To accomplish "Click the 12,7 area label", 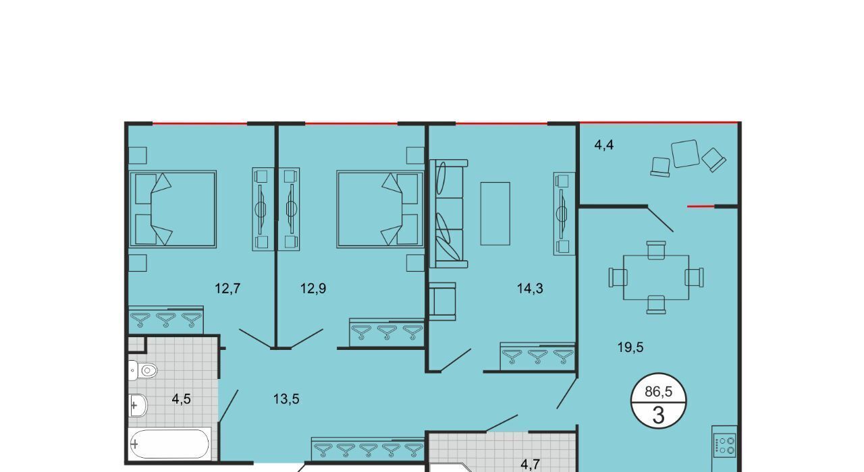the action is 227,288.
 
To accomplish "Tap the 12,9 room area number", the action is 313,288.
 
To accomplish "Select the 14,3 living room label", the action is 530,288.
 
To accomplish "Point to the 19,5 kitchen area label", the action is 630,347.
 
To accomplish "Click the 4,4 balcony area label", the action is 604,145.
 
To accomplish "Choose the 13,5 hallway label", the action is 286,399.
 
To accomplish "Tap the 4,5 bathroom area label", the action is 182,399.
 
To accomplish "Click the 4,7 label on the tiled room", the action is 530,465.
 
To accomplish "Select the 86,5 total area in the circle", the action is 658,392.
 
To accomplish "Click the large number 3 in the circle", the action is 658,415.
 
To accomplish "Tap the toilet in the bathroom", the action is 142,371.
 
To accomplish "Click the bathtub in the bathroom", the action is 169,444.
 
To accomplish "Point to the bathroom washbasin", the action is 138,405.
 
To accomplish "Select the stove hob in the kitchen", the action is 724,446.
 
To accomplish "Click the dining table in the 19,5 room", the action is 656,277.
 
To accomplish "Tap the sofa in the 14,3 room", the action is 449,214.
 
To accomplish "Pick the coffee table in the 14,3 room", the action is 495,214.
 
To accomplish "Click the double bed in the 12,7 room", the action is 173,209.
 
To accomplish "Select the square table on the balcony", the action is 685,153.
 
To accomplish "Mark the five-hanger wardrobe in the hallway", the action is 368,449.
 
